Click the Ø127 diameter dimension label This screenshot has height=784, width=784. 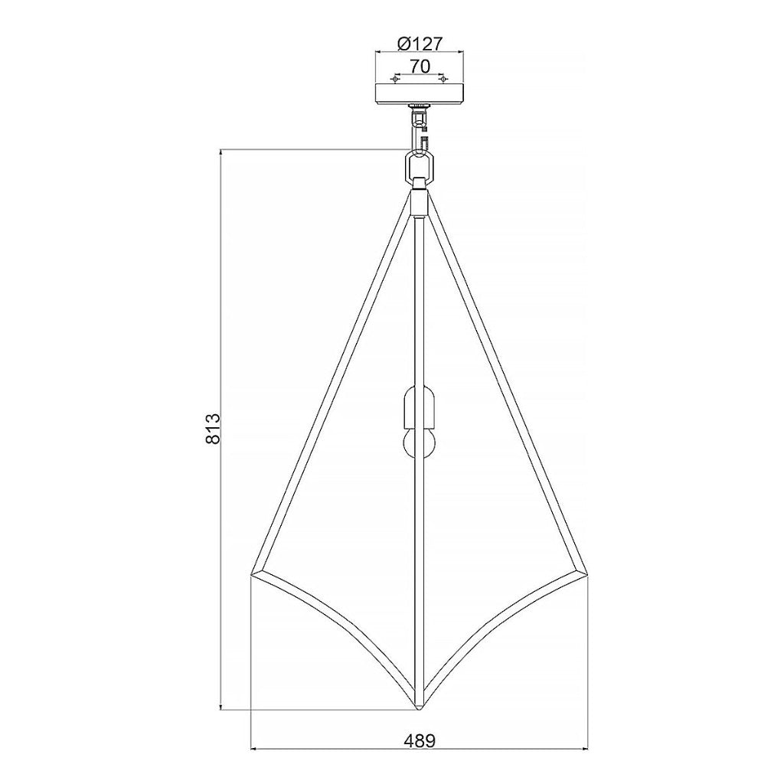pyautogui.click(x=420, y=44)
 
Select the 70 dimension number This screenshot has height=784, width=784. pyautogui.click(x=420, y=66)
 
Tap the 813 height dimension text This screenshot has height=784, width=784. pyautogui.click(x=214, y=429)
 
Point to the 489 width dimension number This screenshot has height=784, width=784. pyautogui.click(x=420, y=740)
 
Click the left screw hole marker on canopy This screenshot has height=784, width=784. pyautogui.click(x=396, y=80)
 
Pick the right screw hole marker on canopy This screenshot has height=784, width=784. pyautogui.click(x=442, y=80)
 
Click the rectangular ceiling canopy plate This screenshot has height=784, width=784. pyautogui.click(x=420, y=93)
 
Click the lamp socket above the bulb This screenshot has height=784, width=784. pyautogui.click(x=420, y=406)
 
